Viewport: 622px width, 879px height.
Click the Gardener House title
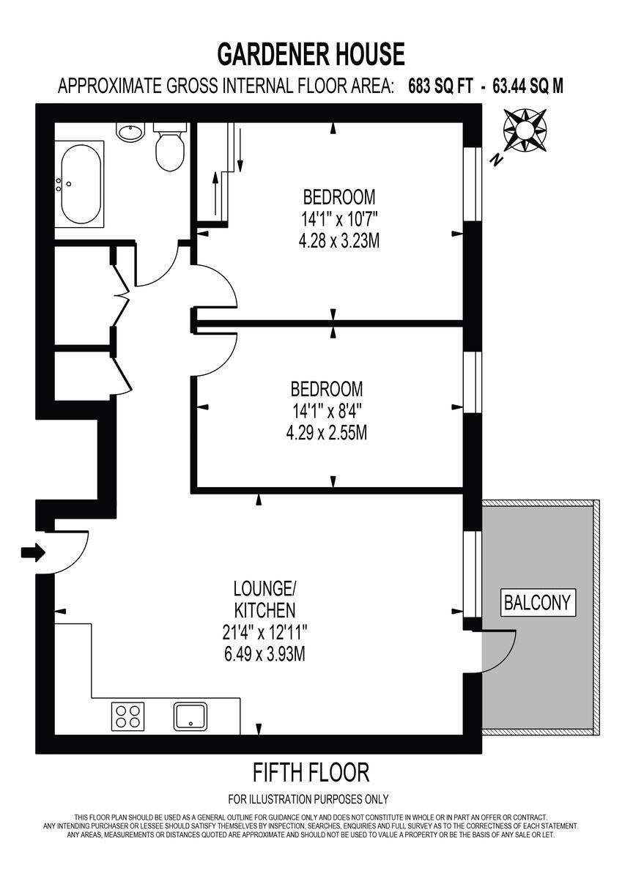click(311, 54)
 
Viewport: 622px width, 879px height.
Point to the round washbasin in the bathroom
click(131, 133)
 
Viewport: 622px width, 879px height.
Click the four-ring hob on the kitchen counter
click(127, 715)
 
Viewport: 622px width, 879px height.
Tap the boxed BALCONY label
click(537, 602)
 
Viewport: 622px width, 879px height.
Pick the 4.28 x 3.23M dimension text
click(339, 240)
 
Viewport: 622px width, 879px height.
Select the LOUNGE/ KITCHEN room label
click(264, 599)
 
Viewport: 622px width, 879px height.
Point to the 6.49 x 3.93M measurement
click(264, 653)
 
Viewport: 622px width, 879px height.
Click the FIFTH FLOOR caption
click(311, 771)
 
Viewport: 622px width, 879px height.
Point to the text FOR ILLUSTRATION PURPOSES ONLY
click(308, 799)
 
